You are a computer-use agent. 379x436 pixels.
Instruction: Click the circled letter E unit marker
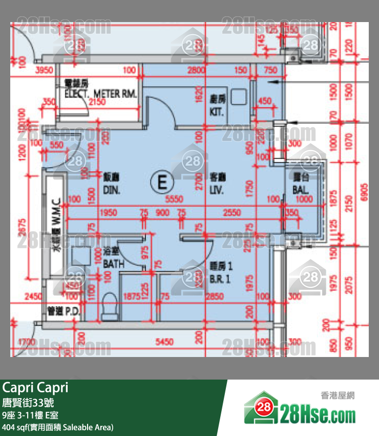tap(162, 182)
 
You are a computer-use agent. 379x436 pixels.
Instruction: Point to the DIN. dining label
tap(111, 185)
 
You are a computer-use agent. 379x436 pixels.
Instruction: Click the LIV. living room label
tap(218, 185)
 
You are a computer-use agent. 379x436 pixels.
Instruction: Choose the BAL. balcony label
tap(301, 185)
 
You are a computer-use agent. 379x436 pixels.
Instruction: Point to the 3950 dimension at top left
tap(44, 70)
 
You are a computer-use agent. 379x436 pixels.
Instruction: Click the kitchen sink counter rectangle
tap(238, 96)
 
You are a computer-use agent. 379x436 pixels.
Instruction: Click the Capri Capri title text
tap(35, 388)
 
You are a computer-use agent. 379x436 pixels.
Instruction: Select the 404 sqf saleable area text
tap(58, 427)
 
